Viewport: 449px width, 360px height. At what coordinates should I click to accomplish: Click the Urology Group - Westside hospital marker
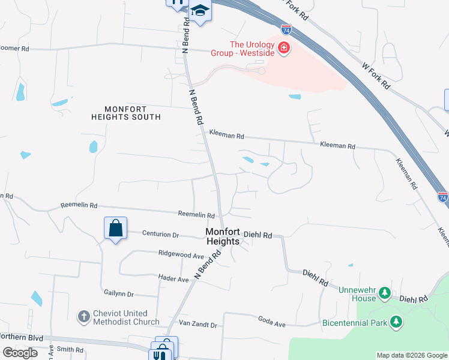coord(284,47)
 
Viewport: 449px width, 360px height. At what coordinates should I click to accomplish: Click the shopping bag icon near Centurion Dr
coord(116,228)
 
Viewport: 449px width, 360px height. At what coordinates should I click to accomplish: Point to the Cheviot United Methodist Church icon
coord(84,316)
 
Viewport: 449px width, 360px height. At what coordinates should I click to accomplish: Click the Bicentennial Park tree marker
coord(396,322)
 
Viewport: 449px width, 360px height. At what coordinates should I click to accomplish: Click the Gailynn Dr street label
coord(118,295)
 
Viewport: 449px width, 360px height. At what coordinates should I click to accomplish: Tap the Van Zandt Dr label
coord(197,325)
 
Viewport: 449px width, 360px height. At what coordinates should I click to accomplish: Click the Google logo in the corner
coord(19,353)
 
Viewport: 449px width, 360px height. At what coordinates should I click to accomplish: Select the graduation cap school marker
coord(199,11)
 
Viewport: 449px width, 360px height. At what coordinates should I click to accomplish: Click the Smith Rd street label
coord(70,349)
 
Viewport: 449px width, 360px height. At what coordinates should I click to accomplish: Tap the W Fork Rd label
coord(376,76)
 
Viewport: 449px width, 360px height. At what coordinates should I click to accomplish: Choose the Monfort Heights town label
coord(223,236)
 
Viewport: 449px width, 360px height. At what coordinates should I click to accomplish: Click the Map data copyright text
coord(411,355)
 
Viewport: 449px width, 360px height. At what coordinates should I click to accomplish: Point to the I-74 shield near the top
coord(287,29)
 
